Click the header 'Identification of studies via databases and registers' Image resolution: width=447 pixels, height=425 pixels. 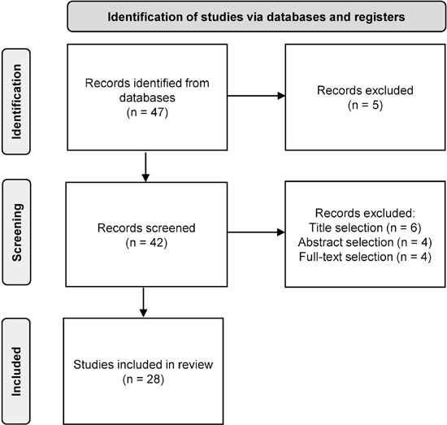click(256, 17)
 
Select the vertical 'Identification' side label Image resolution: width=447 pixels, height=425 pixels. click(16, 102)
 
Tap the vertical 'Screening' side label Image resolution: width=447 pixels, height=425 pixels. click(16, 232)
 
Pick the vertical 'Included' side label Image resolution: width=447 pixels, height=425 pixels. click(16, 371)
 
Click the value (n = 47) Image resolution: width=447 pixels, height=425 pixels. click(147, 112)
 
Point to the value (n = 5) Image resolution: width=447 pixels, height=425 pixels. click(365, 105)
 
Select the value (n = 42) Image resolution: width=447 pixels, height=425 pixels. click(146, 243)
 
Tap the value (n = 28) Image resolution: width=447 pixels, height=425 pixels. click(143, 379)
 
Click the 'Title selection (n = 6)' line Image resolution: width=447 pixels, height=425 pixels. click(365, 228)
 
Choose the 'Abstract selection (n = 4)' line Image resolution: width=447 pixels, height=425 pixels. click(365, 242)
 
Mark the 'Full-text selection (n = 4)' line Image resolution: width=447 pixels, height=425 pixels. click(365, 257)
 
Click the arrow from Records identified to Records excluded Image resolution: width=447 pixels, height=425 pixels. click(256, 96)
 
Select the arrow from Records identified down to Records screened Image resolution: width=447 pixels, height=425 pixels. click(145, 167)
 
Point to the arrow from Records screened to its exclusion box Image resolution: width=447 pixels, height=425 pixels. click(256, 232)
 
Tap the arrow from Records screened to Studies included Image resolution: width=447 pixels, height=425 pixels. click(143, 302)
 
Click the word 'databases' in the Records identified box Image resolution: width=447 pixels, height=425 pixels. click(147, 98)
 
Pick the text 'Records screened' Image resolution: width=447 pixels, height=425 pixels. click(146, 228)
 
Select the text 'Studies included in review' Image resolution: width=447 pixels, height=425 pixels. click(143, 365)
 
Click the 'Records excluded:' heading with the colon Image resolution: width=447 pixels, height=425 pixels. click(365, 213)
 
